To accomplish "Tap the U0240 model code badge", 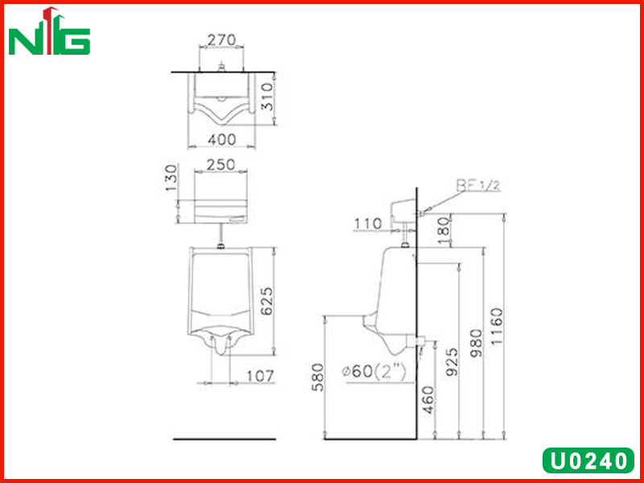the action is pyautogui.click(x=588, y=460).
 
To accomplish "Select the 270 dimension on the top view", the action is pyautogui.click(x=221, y=39).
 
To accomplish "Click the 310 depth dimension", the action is pyautogui.click(x=267, y=97).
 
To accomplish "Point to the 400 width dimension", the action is pyautogui.click(x=222, y=139).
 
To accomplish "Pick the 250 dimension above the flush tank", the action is pyautogui.click(x=221, y=165).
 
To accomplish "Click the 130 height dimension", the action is pyautogui.click(x=171, y=178).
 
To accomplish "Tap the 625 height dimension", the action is pyautogui.click(x=267, y=301).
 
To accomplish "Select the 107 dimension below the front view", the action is pyautogui.click(x=259, y=376).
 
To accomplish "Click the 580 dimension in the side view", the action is pyautogui.click(x=317, y=378).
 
